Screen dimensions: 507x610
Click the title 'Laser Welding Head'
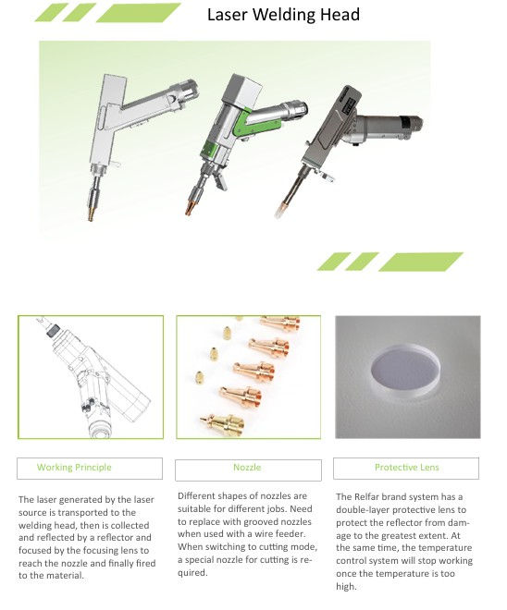(x=283, y=15)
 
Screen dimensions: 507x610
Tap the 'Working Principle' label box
(x=90, y=469)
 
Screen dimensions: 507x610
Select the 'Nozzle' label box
(x=248, y=470)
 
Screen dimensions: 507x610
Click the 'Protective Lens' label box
(x=406, y=469)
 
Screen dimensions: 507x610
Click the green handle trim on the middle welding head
(x=256, y=124)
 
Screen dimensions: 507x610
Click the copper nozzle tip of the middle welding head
(x=189, y=209)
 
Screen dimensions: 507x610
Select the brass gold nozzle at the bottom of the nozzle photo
(x=223, y=425)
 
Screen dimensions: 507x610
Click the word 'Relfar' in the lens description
(x=368, y=497)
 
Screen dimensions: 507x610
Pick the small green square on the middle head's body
(x=209, y=150)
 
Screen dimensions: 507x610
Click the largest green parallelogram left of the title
(x=138, y=12)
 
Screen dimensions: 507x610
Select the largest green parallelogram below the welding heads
(x=421, y=262)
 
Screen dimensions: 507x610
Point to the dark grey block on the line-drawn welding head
(x=53, y=331)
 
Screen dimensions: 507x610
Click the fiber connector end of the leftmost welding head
(x=189, y=89)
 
